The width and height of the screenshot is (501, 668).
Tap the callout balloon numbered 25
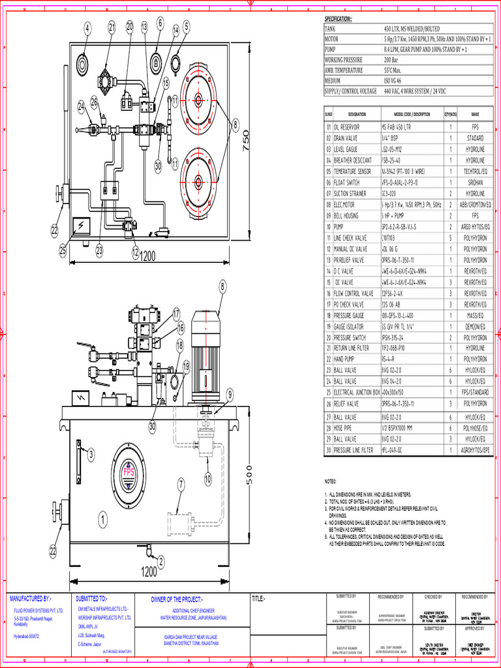click(63, 249)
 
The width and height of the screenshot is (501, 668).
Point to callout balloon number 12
click(135, 252)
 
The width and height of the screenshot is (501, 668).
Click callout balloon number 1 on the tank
click(102, 520)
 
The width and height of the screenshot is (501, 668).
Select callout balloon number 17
click(175, 313)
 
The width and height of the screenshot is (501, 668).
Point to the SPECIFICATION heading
click(338, 18)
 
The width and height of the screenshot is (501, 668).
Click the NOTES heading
click(332, 481)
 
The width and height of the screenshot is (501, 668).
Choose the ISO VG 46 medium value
click(393, 81)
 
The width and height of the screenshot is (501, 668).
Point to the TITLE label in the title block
click(259, 598)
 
